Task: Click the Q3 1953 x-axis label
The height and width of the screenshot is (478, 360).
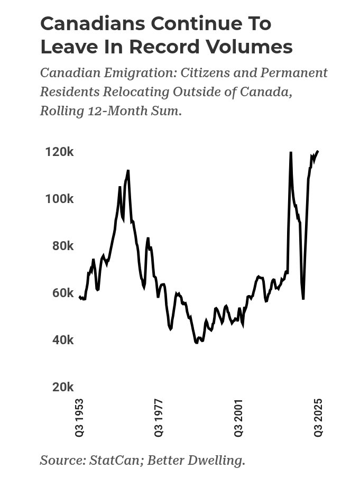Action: tap(79, 417)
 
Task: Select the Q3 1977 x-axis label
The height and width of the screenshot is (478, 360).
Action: tap(159, 417)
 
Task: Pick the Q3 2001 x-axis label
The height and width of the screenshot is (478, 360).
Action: tap(239, 417)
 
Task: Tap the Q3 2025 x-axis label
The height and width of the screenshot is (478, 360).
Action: tap(318, 417)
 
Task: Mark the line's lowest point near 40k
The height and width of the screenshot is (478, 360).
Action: tap(196, 343)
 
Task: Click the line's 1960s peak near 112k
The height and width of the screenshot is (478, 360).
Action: tap(128, 171)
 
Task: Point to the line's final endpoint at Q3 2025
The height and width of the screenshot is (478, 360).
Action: tap(318, 151)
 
